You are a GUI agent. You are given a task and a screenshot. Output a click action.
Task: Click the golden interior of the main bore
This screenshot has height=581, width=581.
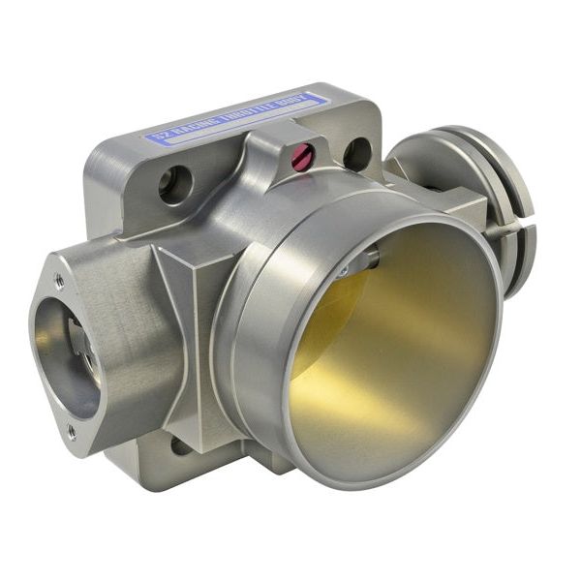(x=407, y=368)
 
